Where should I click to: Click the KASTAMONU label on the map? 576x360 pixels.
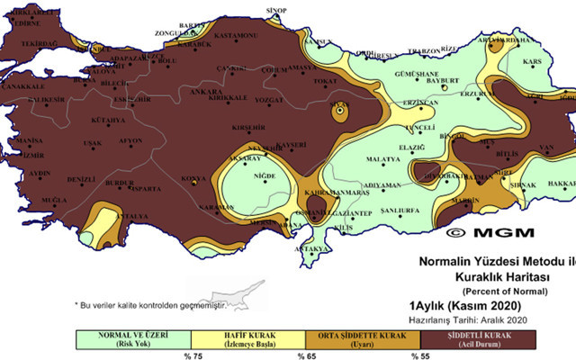pos(236,34)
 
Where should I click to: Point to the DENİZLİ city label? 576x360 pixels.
pos(81,179)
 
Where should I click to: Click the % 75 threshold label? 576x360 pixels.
pos(192,354)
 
